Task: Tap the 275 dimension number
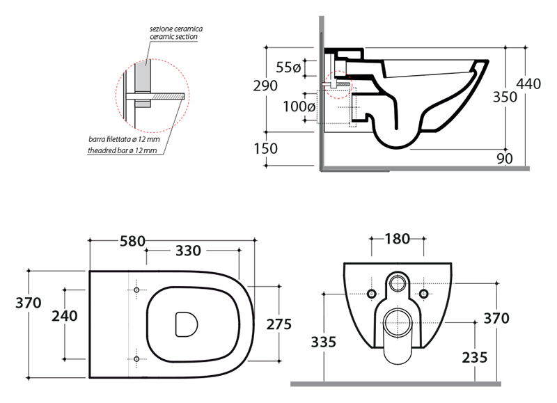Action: pyautogui.click(x=278, y=324)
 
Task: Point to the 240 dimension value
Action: pyautogui.click(x=65, y=315)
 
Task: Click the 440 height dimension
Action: pyautogui.click(x=528, y=84)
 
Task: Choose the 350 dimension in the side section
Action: pyautogui.click(x=505, y=97)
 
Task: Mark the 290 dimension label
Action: pyautogui.click(x=265, y=86)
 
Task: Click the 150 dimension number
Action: pyautogui.click(x=265, y=148)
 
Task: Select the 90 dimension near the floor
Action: pyautogui.click(x=505, y=159)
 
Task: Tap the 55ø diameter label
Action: pyautogui.click(x=288, y=68)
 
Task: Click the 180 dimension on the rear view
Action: pyautogui.click(x=396, y=239)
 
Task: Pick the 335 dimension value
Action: pyautogui.click(x=324, y=342)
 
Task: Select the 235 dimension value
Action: pyautogui.click(x=473, y=357)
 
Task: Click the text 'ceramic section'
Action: pyautogui.click(x=173, y=36)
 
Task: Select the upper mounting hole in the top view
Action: pyautogui.click(x=136, y=290)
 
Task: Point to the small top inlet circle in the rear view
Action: pyautogui.click(x=398, y=283)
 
